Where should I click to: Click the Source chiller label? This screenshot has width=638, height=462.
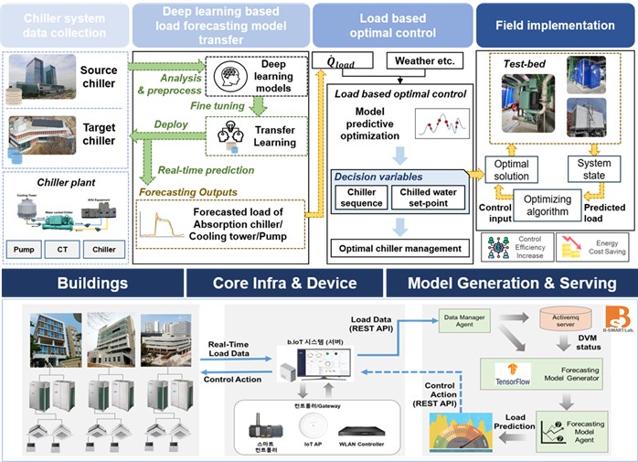click(99, 77)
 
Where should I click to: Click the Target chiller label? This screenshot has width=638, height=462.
click(99, 134)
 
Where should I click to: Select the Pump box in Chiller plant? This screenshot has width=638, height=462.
click(27, 248)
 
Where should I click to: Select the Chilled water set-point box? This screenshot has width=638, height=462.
click(426, 198)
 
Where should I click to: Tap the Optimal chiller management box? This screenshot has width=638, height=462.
click(399, 249)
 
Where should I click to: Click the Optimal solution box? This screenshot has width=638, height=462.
click(511, 170)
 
